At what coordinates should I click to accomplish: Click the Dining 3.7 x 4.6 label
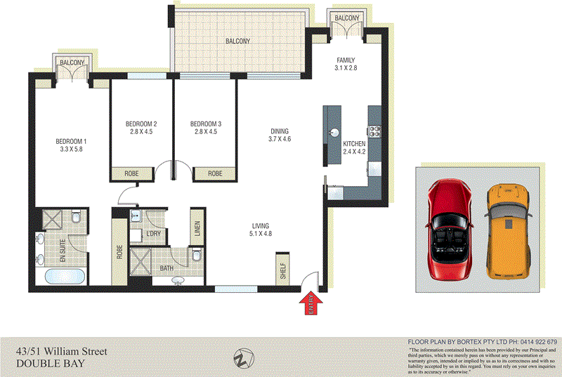[x=279, y=135]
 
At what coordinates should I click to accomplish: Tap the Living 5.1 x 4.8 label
[x=261, y=230]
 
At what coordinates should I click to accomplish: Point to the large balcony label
[x=237, y=41]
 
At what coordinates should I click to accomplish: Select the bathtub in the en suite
[x=65, y=275]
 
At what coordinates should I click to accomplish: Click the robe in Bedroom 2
[x=131, y=173]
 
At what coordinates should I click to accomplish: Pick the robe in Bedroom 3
[x=215, y=173]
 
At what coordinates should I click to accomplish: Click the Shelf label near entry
[x=283, y=269]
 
